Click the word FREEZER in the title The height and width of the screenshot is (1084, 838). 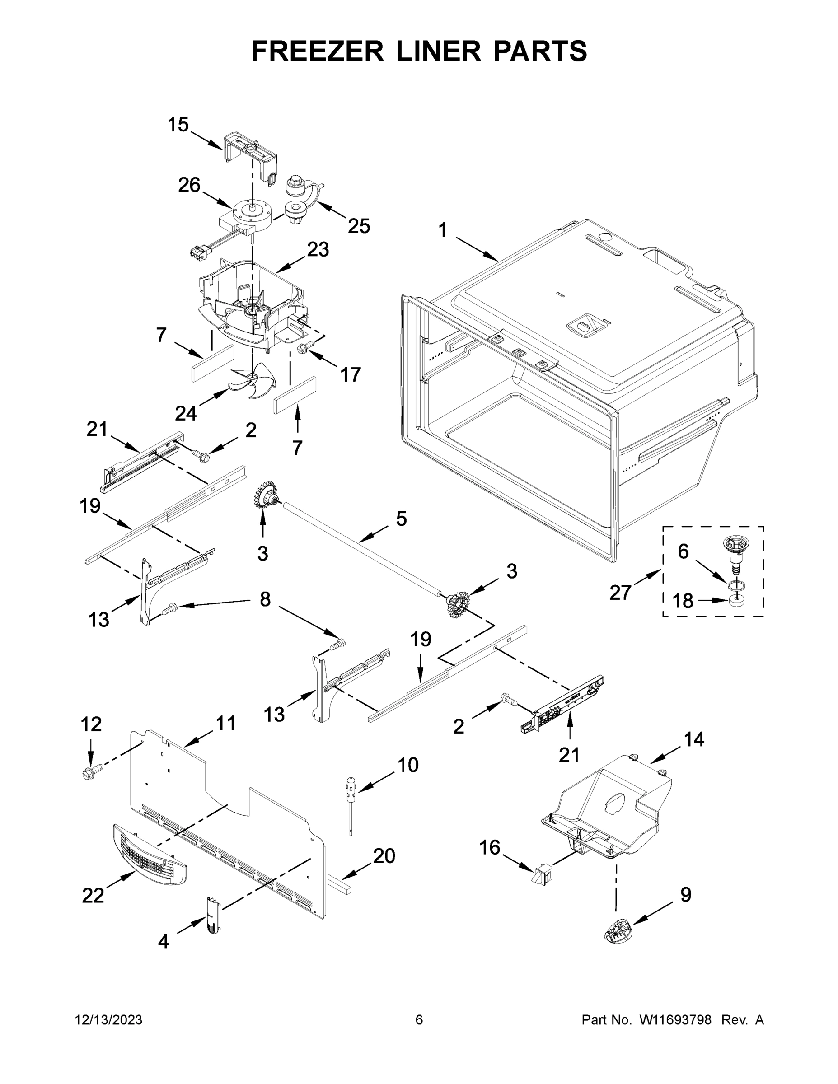coord(317,51)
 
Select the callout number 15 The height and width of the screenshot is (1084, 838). coord(178,125)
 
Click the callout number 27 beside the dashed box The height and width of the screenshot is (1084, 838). coord(620,592)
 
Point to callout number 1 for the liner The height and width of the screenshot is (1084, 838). coord(442,231)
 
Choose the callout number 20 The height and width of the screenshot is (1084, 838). coord(384,856)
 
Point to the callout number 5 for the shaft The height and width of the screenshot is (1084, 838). coord(401,519)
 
